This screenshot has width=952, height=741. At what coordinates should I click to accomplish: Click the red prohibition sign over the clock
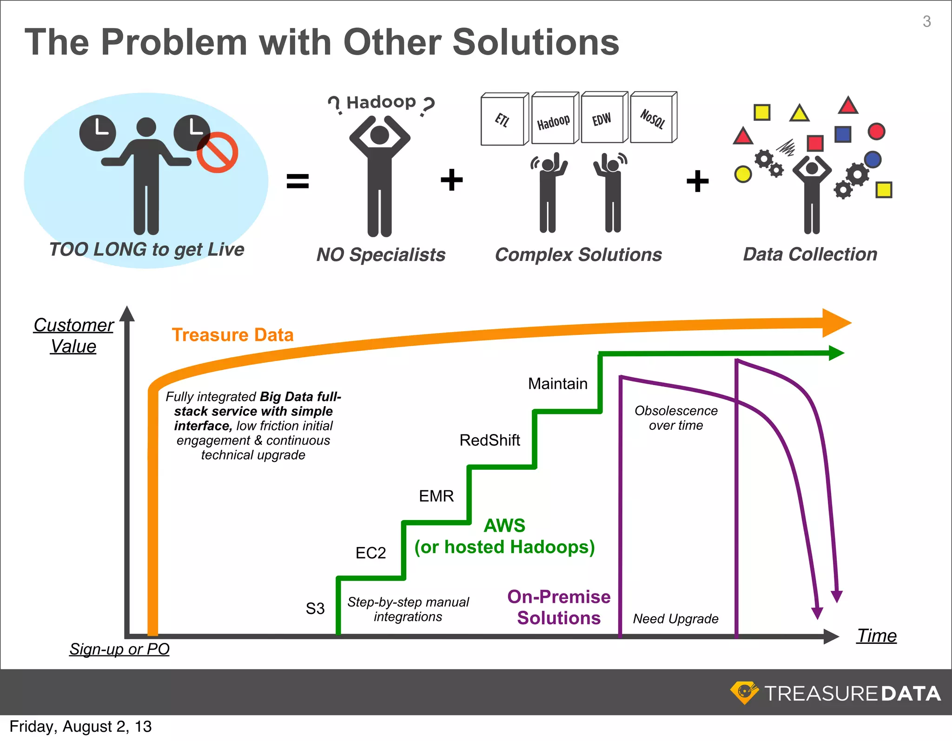click(x=217, y=152)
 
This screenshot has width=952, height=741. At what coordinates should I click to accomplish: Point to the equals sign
click(x=297, y=181)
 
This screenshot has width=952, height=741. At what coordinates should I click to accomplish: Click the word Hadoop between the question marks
click(x=381, y=102)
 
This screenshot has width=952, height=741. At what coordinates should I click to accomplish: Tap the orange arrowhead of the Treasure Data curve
click(x=836, y=323)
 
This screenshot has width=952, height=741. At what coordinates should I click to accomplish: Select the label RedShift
click(x=489, y=440)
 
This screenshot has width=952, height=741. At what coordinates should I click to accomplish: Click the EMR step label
click(x=436, y=496)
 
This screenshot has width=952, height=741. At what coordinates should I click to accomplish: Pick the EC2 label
click(x=370, y=553)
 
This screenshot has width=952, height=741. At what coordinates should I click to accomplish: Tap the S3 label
click(x=315, y=608)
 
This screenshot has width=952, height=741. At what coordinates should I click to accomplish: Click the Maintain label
click(x=558, y=384)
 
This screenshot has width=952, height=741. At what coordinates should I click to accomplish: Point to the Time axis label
click(x=877, y=636)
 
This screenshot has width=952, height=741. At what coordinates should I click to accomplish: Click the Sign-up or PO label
click(x=119, y=649)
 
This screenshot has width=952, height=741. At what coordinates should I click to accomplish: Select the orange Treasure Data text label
click(x=232, y=335)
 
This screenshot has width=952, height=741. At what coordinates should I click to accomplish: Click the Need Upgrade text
click(x=675, y=619)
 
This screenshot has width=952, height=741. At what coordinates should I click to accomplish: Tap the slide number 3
click(x=926, y=21)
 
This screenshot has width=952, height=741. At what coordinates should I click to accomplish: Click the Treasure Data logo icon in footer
click(x=744, y=693)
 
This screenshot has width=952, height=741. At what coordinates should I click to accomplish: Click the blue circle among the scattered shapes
click(x=873, y=160)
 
